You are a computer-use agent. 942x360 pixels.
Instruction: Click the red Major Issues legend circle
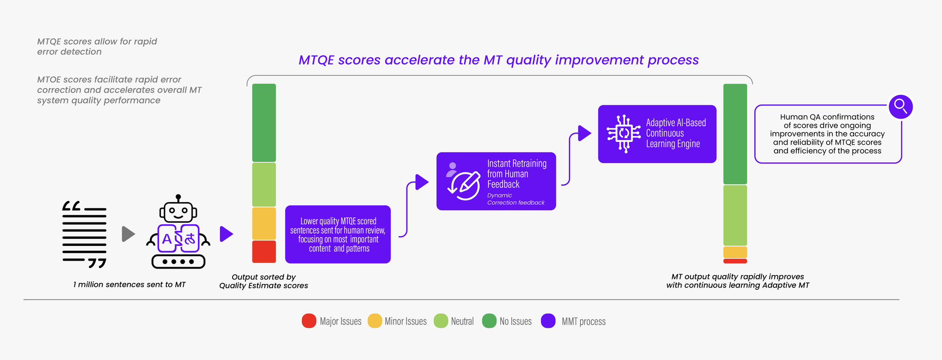(309, 321)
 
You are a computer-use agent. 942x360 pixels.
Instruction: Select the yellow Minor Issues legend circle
(374, 321)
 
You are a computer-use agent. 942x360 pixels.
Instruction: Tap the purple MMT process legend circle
(548, 321)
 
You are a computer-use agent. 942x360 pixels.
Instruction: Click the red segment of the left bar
(264, 252)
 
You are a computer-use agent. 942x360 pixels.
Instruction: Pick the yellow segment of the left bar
(264, 223)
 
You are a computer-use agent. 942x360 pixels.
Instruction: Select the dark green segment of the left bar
(264, 123)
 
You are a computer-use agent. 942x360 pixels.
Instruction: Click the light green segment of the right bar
(735, 215)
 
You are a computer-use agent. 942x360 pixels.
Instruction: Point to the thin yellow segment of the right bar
(735, 252)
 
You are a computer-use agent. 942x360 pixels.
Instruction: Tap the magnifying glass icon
(901, 107)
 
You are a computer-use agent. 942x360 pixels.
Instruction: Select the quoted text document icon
(85, 234)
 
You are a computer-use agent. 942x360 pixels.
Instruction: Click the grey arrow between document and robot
(128, 234)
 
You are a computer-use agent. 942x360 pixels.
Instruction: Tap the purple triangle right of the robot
(227, 234)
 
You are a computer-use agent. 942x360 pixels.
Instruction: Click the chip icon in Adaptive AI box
(624, 134)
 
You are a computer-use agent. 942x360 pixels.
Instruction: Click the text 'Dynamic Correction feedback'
(515, 199)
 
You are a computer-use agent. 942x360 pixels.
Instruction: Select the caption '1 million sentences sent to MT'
(130, 285)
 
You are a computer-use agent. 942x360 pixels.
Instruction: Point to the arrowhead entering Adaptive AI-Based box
(585, 133)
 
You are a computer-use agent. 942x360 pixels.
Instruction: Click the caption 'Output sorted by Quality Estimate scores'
(264, 281)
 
